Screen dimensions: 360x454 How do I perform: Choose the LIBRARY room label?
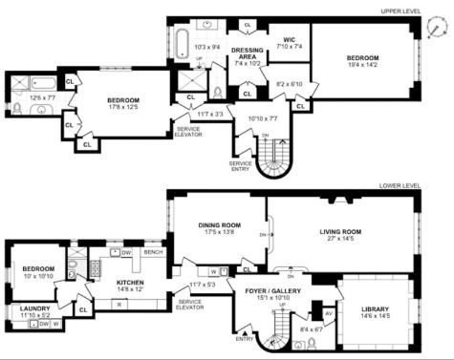pyautogui.click(x=375, y=308)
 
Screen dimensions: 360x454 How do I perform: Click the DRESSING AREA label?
pyautogui.click(x=247, y=53)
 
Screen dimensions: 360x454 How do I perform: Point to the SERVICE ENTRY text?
pyautogui.click(x=240, y=165)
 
